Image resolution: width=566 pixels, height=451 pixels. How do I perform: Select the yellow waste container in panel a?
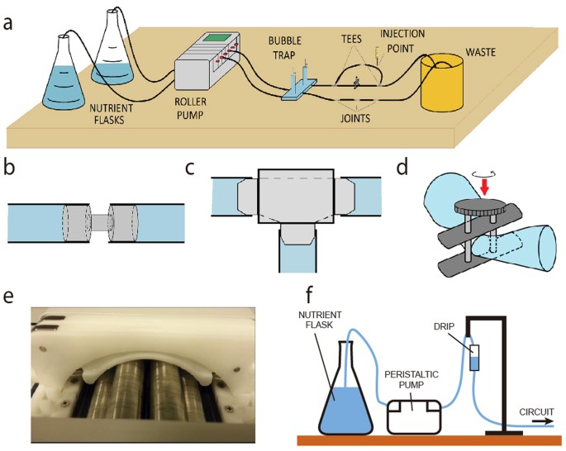[449, 83]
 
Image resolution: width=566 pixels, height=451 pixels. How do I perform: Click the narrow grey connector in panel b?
[98, 222]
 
